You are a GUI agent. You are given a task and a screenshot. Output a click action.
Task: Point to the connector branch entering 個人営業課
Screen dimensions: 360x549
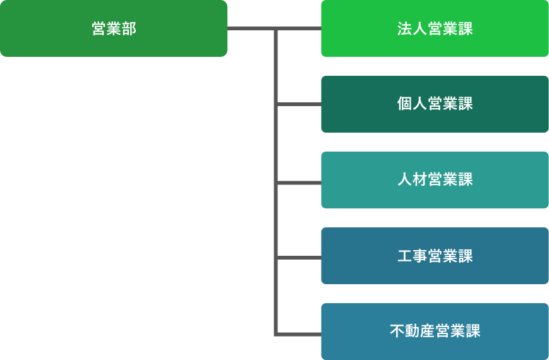(299, 104)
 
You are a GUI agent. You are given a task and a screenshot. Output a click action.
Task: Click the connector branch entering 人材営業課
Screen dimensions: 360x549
(299, 183)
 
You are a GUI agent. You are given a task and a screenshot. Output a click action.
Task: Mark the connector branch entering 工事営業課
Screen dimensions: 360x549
(299, 258)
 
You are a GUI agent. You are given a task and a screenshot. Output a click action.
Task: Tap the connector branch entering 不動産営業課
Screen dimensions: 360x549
(299, 333)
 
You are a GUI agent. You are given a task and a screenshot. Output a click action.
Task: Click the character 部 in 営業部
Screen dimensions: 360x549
(129, 29)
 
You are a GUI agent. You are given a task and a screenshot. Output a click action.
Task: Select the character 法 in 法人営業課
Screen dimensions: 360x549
(405, 29)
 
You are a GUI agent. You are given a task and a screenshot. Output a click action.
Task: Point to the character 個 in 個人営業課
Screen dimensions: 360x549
(405, 105)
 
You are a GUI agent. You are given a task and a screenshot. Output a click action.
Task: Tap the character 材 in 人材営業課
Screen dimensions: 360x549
(420, 181)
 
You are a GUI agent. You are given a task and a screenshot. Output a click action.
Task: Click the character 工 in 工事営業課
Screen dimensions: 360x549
(405, 256)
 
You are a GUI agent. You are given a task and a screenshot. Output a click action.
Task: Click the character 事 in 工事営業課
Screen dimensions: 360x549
(420, 256)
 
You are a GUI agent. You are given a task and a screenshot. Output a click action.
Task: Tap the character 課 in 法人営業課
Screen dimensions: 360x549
(466, 29)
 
